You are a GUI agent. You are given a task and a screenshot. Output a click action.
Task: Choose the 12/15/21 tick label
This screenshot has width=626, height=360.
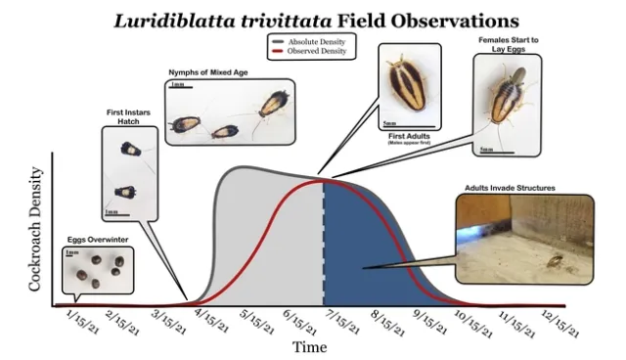(561, 320)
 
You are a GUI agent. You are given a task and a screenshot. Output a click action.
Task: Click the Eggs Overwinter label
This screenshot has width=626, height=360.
(89, 238)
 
